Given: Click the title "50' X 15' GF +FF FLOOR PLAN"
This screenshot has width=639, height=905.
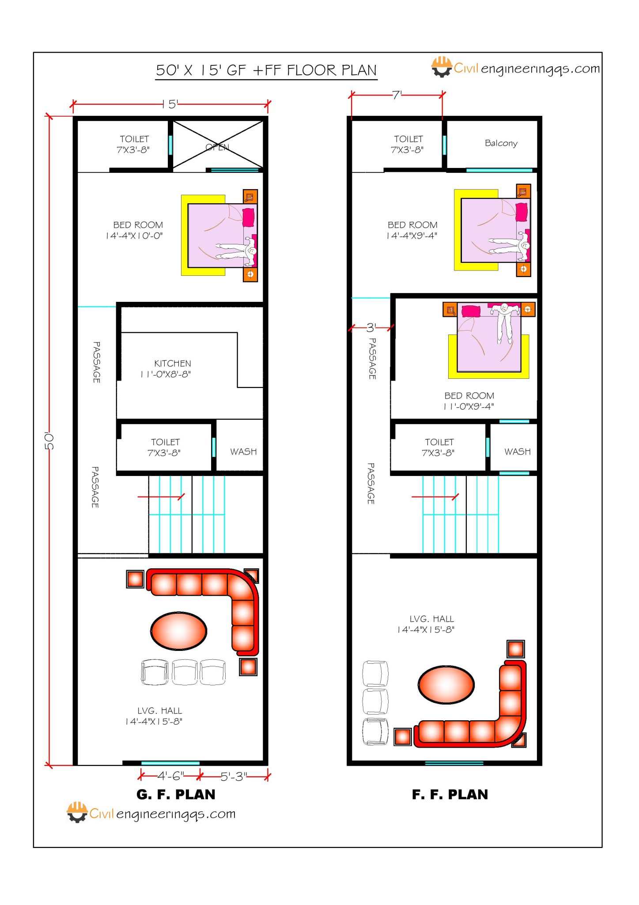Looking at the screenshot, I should pyautogui.click(x=266, y=70).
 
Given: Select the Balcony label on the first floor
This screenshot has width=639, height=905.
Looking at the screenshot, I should pyautogui.click(x=501, y=143).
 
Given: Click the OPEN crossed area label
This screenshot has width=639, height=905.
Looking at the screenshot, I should pyautogui.click(x=217, y=147).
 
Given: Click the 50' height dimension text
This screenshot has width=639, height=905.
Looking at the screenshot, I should pyautogui.click(x=49, y=441).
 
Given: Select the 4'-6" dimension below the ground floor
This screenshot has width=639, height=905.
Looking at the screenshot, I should pyautogui.click(x=170, y=776).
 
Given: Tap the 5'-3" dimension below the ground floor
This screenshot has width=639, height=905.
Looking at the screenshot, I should pyautogui.click(x=234, y=776).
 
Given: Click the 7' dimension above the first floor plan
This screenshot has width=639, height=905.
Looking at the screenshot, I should pyautogui.click(x=397, y=95).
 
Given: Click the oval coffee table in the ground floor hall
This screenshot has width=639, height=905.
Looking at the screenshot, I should pyautogui.click(x=178, y=631).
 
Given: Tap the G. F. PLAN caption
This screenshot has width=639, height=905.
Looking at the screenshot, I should pyautogui.click(x=176, y=795).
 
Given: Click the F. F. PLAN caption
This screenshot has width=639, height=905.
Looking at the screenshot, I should pyautogui.click(x=450, y=795).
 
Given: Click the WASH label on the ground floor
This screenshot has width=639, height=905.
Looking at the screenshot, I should pyautogui.click(x=243, y=452).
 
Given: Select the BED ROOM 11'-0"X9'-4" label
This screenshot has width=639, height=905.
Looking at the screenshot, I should pyautogui.click(x=469, y=401).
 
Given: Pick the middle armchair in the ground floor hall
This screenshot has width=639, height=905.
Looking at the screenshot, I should pyautogui.click(x=185, y=672).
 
